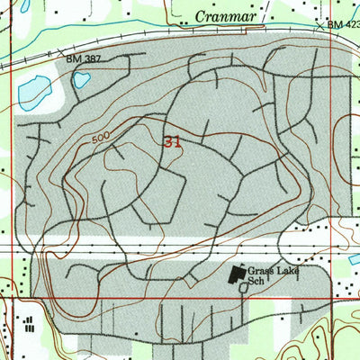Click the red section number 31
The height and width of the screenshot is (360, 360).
point(174,142)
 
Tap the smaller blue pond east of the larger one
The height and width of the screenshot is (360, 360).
point(81,80)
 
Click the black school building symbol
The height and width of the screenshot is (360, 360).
point(238,274)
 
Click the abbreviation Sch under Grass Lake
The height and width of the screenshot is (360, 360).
point(257,280)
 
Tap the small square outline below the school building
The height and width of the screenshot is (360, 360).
point(243,289)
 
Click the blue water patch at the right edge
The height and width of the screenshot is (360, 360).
point(355,259)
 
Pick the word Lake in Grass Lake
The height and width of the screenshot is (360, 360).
point(288,268)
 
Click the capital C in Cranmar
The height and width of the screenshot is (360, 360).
point(199,17)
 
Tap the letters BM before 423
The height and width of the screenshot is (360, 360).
point(334,25)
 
